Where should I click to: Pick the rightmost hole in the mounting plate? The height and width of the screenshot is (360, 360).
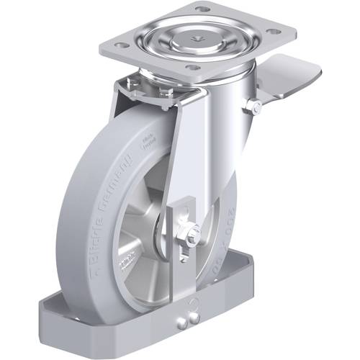pyautogui.click(x=274, y=31)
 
